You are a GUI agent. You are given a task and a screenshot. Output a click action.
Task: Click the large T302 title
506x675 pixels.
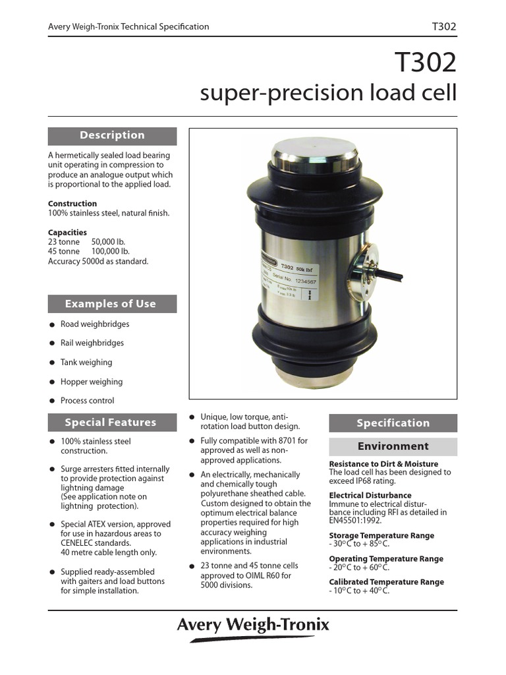(x=425, y=63)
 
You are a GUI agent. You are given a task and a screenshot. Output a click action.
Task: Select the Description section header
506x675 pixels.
(x=112, y=135)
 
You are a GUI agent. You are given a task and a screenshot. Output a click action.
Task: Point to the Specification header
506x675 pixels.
(x=393, y=423)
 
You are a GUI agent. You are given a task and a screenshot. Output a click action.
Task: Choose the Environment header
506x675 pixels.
(x=393, y=446)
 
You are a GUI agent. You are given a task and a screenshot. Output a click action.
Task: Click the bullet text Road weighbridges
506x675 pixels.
(x=95, y=324)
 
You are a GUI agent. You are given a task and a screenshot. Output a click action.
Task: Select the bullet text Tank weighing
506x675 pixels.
(x=86, y=363)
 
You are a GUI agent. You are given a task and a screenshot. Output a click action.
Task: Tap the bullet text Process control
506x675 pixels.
(x=87, y=401)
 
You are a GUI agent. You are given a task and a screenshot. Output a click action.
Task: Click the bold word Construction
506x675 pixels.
(x=72, y=204)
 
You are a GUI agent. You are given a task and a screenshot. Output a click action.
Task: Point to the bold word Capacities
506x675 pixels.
(x=67, y=233)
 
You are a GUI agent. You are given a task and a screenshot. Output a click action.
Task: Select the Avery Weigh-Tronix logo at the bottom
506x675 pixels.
(x=252, y=625)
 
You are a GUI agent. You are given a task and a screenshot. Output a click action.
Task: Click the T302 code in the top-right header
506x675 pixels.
(x=443, y=27)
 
